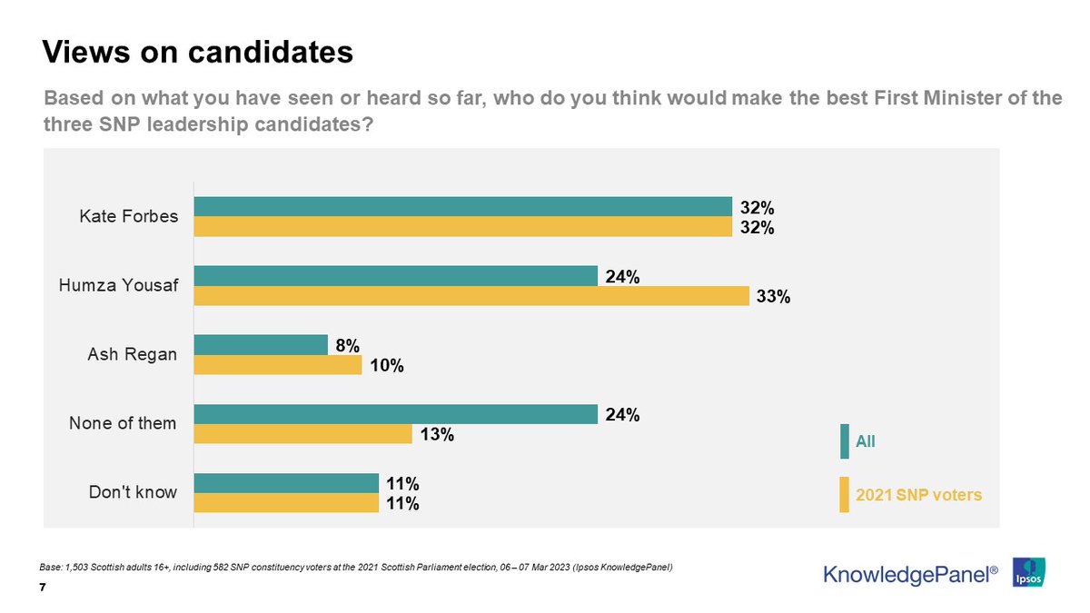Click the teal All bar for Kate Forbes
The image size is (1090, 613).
coord(462,206)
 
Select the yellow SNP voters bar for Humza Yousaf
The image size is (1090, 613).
coord(471,295)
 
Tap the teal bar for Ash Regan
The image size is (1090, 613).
coord(261,344)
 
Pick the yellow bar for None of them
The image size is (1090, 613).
coord(302,434)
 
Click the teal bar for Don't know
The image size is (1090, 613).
coord(286,483)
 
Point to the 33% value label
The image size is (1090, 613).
coord(773,297)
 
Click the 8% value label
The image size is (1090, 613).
coord(347,345)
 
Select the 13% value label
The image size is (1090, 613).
coord(436,435)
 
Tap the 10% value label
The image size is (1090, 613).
coord(386,366)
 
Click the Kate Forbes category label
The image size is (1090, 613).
coord(129,217)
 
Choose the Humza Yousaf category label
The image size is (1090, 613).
coord(118,286)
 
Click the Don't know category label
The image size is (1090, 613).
coord(133,493)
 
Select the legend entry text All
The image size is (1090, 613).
coord(866,442)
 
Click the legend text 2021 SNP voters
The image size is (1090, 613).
coord(918,496)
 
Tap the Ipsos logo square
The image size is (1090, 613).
coord(1028,572)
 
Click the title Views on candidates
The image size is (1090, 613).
coord(198,52)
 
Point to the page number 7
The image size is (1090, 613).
coord(44,588)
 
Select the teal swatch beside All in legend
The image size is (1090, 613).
coord(845,441)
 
